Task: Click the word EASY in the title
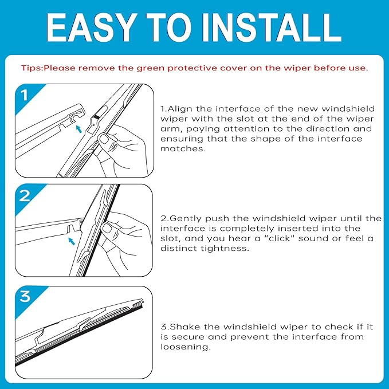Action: click(x=91, y=27)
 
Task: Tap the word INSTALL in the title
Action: click(x=272, y=27)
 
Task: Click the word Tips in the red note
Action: click(x=32, y=68)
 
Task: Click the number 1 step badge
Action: click(x=24, y=95)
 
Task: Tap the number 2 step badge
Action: click(x=25, y=196)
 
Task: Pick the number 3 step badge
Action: click(x=25, y=296)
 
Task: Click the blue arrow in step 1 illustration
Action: click(x=78, y=129)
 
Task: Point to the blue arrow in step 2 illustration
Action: click(x=72, y=241)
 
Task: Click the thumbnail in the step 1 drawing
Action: click(x=104, y=139)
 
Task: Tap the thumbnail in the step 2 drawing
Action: click(x=107, y=228)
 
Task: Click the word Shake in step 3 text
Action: click(x=184, y=327)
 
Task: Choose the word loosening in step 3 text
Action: click(x=185, y=347)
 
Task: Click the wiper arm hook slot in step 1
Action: click(x=74, y=117)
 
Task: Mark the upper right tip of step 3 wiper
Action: click(x=143, y=300)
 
